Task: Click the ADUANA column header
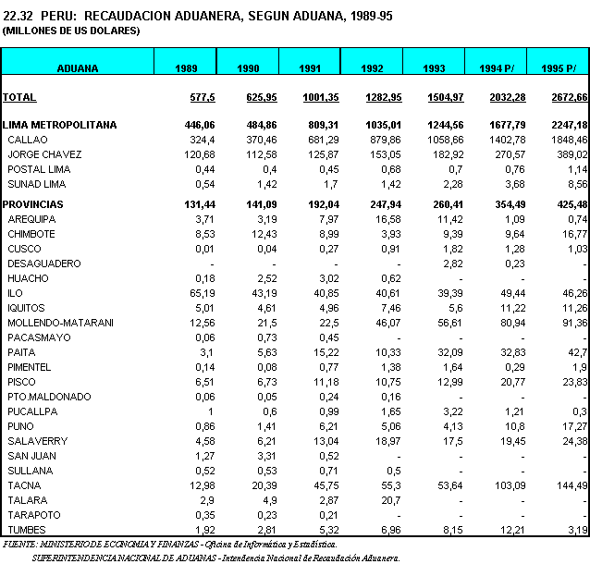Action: pyautogui.click(x=78, y=68)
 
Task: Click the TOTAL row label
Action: pyautogui.click(x=19, y=97)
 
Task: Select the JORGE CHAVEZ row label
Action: pyautogui.click(x=44, y=153)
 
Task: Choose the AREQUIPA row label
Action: pyautogui.click(x=32, y=219)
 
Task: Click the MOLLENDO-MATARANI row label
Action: pyautogui.click(x=60, y=323)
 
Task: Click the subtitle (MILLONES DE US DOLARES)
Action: pyautogui.click(x=71, y=31)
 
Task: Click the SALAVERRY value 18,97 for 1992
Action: pyautogui.click(x=385, y=441)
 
